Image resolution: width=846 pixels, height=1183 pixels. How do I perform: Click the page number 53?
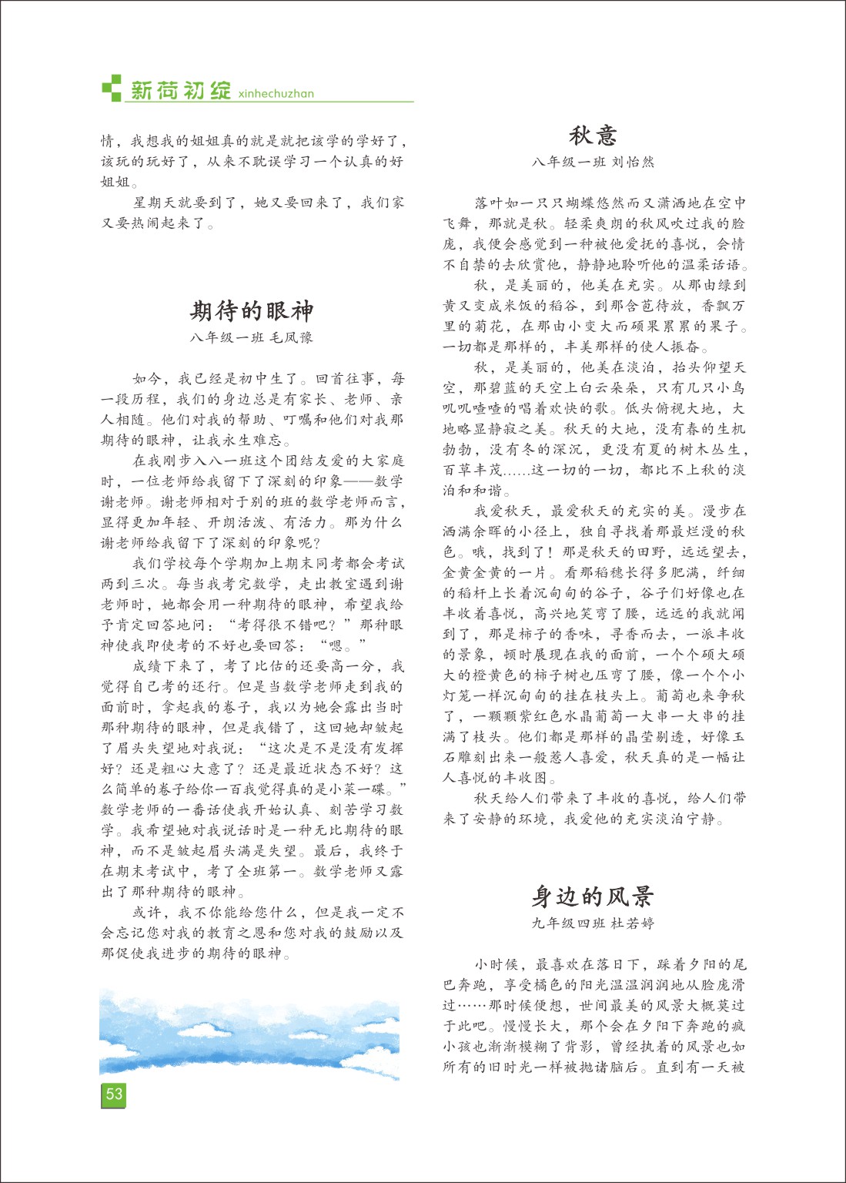[114, 1094]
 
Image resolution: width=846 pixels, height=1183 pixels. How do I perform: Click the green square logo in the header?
[112, 88]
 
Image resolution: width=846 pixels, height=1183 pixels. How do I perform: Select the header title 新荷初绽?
[182, 91]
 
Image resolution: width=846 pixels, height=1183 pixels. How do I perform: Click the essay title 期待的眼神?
[252, 311]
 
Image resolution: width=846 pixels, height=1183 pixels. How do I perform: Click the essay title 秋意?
[593, 136]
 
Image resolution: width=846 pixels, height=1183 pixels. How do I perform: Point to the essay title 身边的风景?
[593, 896]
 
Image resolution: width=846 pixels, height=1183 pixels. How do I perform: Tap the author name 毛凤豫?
[292, 337]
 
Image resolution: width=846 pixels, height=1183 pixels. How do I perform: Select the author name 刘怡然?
[633, 163]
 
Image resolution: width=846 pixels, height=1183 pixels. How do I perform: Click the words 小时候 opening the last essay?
[497, 964]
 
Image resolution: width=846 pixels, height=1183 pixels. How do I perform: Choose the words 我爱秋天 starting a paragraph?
[504, 511]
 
